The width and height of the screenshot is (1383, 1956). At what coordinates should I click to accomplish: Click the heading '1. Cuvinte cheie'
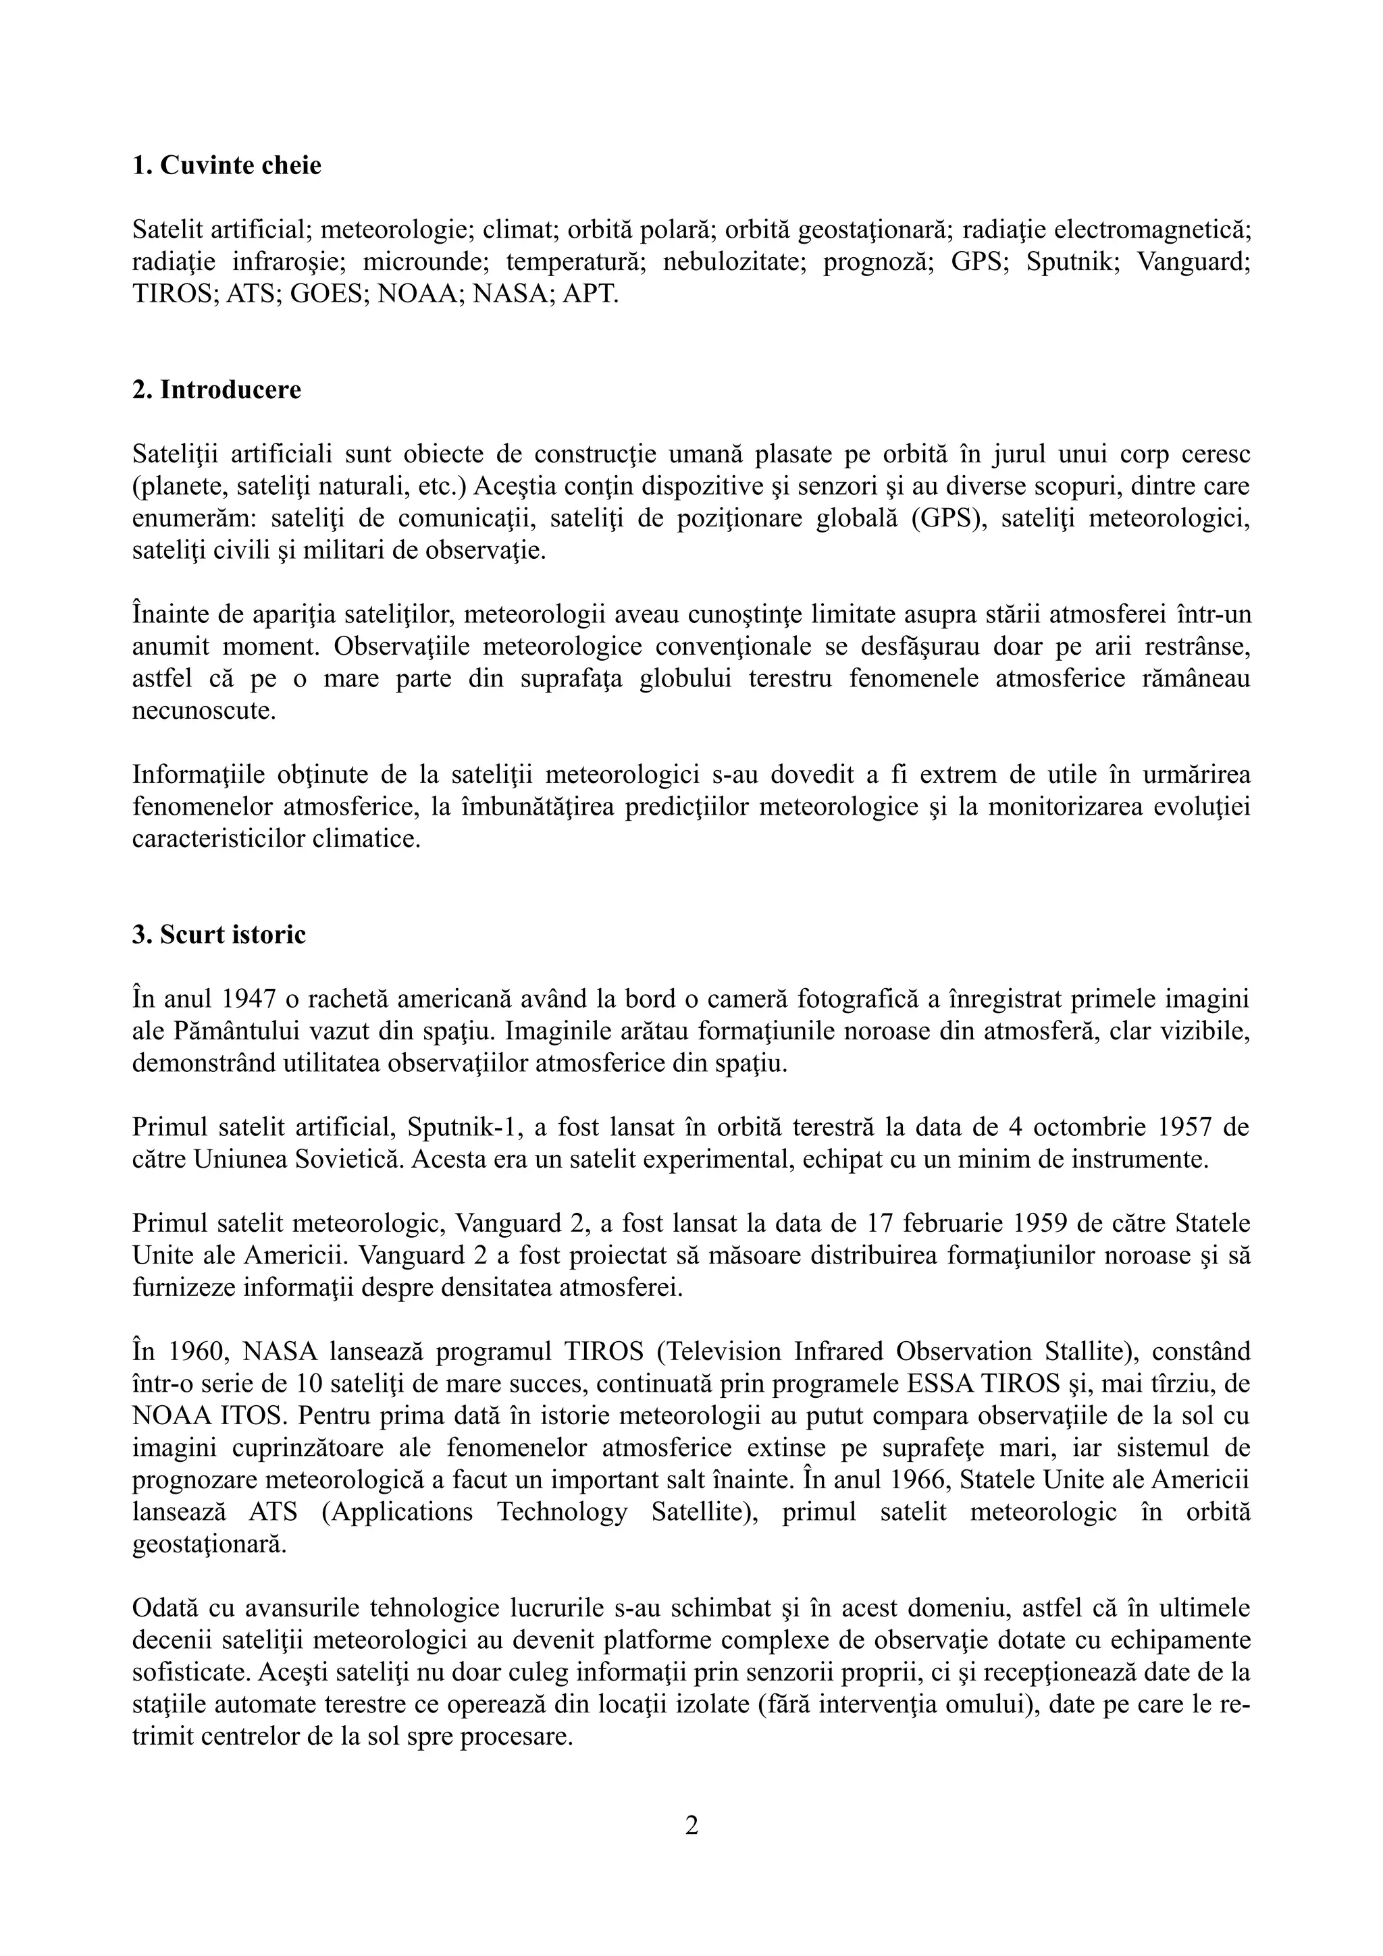pyautogui.click(x=227, y=165)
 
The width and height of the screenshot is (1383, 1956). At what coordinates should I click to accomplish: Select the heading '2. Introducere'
pyautogui.click(x=217, y=389)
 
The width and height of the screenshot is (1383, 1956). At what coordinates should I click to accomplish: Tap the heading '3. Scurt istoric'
pyautogui.click(x=218, y=935)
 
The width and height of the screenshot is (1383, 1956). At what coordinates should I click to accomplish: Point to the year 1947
pyautogui.click(x=241, y=998)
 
